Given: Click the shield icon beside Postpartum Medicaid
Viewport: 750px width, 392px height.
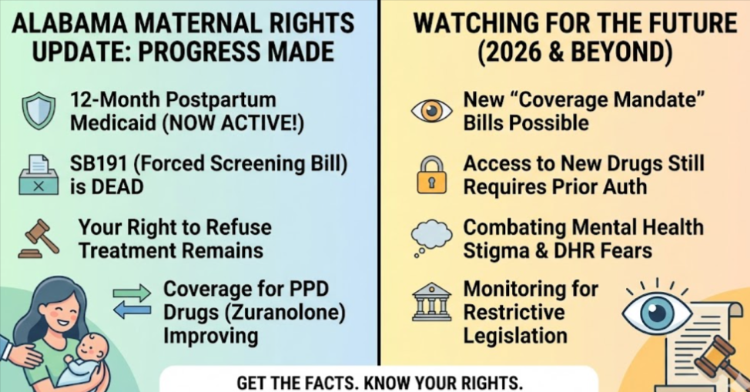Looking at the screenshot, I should [39, 110].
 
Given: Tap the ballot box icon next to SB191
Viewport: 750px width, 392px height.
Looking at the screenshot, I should [39, 174].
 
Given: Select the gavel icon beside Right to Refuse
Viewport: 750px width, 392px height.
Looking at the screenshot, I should [39, 239].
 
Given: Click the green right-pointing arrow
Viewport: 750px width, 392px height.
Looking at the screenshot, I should [132, 292].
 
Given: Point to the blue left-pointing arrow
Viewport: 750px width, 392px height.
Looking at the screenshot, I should [132, 310].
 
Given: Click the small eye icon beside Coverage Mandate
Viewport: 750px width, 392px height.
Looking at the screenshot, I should [431, 111].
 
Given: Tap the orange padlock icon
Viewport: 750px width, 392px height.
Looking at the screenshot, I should [431, 175].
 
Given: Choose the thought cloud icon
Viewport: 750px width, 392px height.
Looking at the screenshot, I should [431, 238].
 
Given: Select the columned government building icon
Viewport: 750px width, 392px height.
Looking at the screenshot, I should [432, 302].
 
